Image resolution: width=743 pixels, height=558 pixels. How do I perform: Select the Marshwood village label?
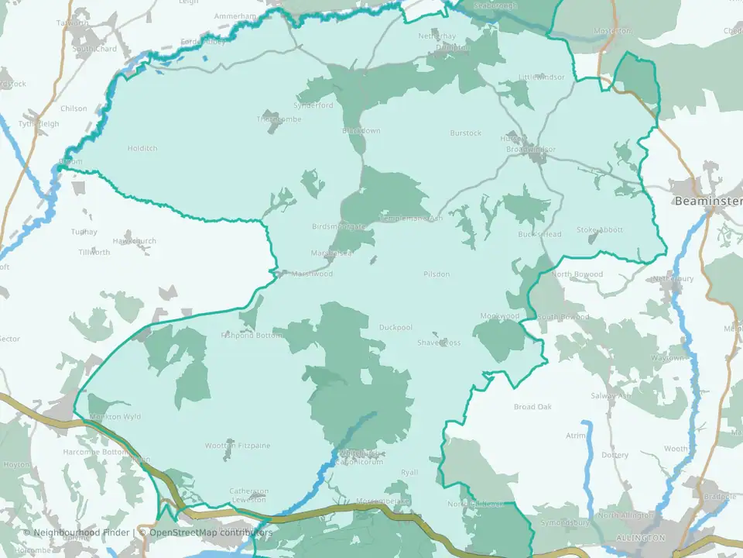(x=312, y=274)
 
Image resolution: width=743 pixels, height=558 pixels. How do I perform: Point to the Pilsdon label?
(x=437, y=274)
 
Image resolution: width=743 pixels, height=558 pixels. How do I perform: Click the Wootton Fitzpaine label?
(x=237, y=446)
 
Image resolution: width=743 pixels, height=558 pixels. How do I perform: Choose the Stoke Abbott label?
(x=599, y=230)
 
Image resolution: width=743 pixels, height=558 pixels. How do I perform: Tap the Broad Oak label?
(x=532, y=407)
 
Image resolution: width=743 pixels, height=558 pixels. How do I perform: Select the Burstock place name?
(x=466, y=133)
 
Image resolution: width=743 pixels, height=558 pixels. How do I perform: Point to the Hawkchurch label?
(x=133, y=241)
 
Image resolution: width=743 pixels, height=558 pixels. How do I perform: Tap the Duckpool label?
(x=395, y=327)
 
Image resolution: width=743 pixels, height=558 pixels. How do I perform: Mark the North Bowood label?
(x=577, y=274)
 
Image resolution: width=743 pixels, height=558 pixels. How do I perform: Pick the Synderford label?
(x=313, y=105)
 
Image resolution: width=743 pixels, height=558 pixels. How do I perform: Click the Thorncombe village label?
(x=279, y=119)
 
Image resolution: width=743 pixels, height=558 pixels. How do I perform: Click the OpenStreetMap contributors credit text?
(x=211, y=532)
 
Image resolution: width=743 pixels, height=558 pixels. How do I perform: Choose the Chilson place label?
(x=74, y=108)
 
